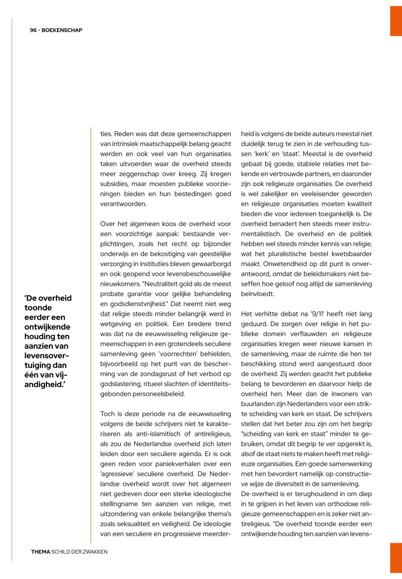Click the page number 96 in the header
pyautogui.click(x=33, y=30)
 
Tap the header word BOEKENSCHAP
pyautogui.click(x=62, y=30)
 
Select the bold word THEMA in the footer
pyautogui.click(x=41, y=552)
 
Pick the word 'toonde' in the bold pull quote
pyautogui.click(x=38, y=308)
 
